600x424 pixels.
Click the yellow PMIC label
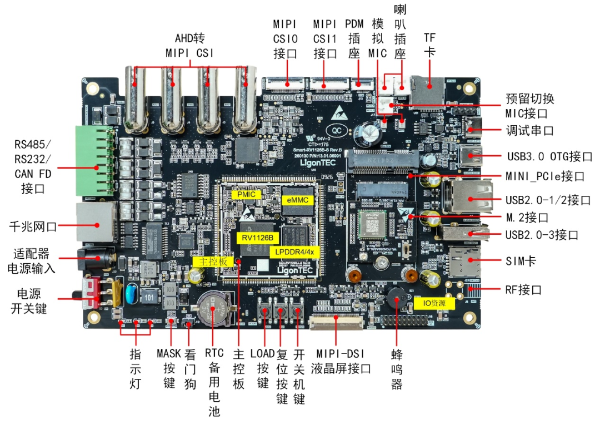point(245,195)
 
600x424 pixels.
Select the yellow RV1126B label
point(257,238)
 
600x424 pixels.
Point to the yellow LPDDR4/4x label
point(295,251)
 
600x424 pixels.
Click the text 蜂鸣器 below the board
point(396,369)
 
